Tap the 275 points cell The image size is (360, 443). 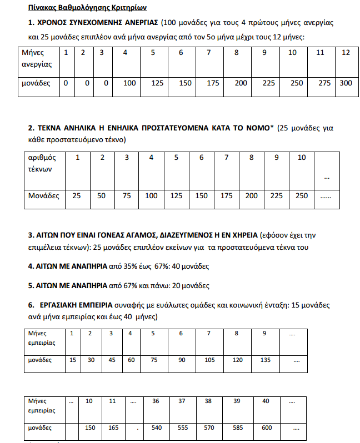pos(320,83)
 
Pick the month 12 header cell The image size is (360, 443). pos(346,53)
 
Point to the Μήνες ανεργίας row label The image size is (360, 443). pos(37,58)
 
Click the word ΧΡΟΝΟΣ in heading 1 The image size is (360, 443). pos(56,23)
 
